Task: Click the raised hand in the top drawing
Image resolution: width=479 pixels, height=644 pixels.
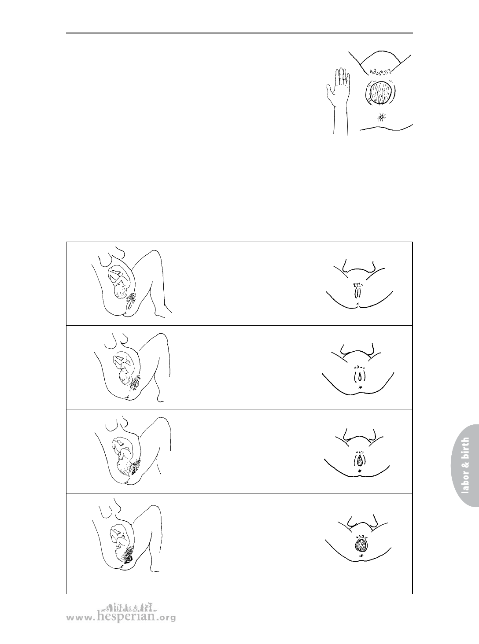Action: (339, 87)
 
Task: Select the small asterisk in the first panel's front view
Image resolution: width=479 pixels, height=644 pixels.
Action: (358, 304)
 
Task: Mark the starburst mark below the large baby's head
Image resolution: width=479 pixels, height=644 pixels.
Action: (381, 117)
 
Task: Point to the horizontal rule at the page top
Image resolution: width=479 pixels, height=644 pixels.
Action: (239, 33)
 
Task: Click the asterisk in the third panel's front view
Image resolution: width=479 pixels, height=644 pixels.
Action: (360, 471)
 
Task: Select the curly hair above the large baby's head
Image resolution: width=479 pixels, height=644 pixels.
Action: (380, 71)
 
